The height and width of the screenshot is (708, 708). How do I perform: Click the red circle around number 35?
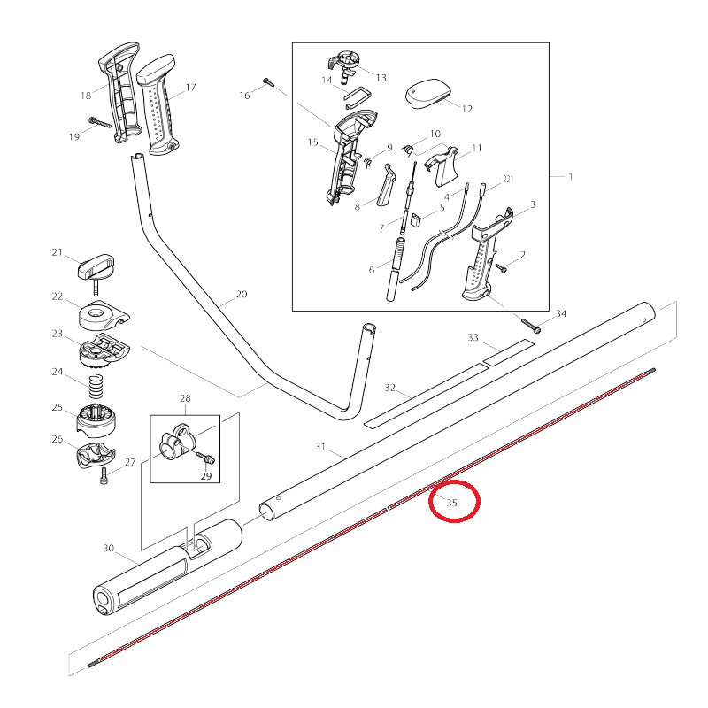coord(454,503)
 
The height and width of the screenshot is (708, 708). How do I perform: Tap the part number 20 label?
coord(242,295)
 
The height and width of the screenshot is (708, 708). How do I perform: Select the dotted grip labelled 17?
coord(161,108)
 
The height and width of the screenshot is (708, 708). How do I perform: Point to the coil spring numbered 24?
coord(95,387)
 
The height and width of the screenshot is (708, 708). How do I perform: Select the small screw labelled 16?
coord(268,84)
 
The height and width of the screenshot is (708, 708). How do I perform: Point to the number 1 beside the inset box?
coord(571,176)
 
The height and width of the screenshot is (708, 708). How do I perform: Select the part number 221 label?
coord(507,179)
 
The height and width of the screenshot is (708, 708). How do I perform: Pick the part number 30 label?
coord(109,549)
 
